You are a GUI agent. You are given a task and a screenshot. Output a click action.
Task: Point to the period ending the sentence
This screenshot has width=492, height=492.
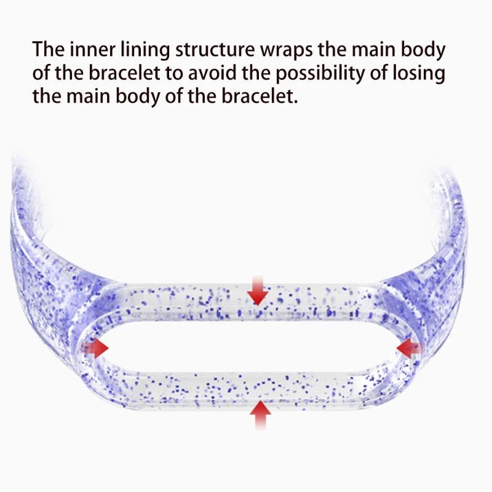pos(295,102)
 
